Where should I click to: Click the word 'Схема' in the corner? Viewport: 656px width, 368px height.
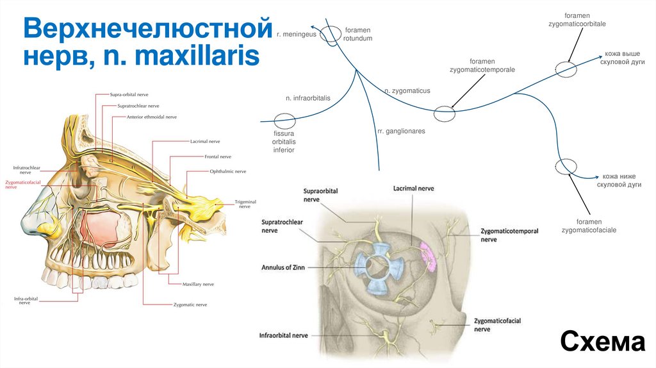tap(602, 342)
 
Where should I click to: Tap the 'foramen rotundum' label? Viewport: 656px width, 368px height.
tap(357, 34)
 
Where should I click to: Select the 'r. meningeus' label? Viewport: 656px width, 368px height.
tap(297, 34)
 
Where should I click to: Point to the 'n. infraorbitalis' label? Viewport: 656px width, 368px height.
tap(307, 98)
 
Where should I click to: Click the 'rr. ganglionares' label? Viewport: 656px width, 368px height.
tap(401, 131)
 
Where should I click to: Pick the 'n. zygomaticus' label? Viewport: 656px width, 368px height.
tap(407, 92)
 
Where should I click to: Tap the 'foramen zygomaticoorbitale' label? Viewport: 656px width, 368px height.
tap(577, 19)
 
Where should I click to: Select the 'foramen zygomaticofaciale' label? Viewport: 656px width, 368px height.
tap(589, 225)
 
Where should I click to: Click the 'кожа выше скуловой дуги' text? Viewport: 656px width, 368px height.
tap(622, 58)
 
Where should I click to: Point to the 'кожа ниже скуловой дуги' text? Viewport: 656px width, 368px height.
tap(619, 180)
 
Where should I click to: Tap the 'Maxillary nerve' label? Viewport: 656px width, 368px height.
tap(198, 283)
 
